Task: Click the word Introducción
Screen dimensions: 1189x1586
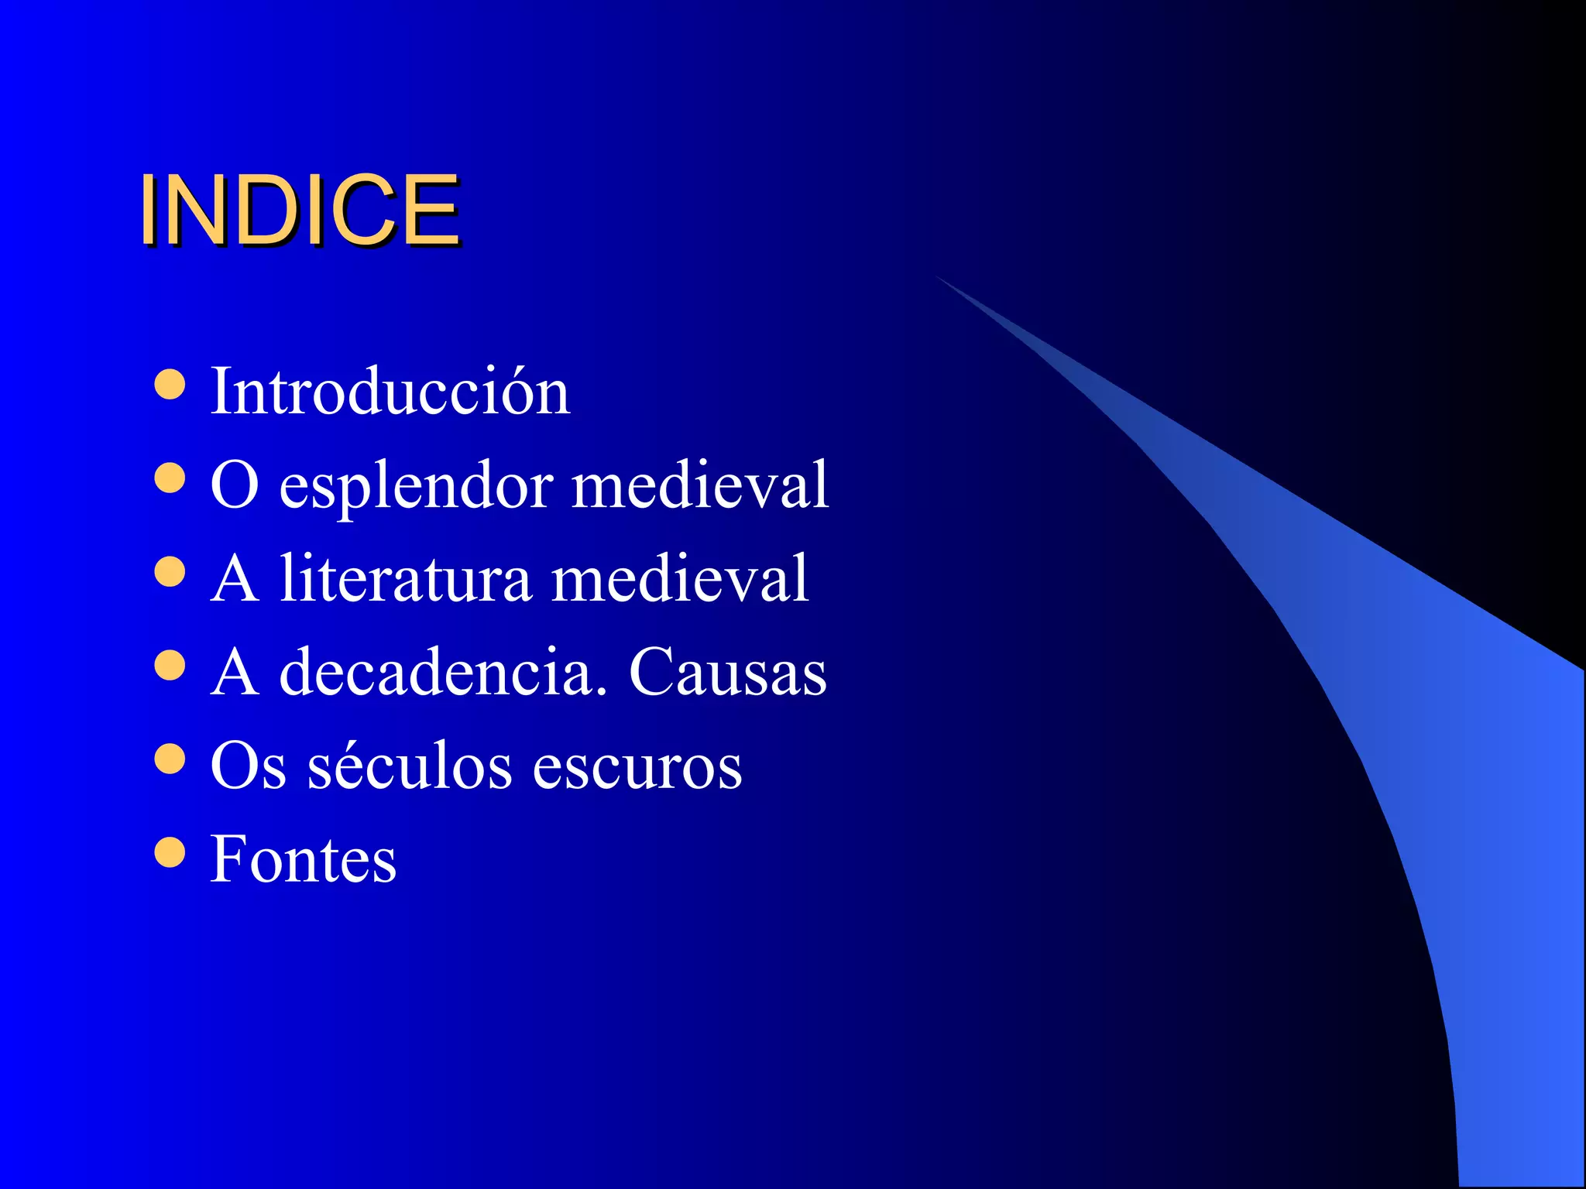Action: coord(390,391)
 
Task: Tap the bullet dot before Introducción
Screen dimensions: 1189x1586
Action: coord(170,384)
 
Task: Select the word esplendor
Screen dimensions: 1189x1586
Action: coord(416,486)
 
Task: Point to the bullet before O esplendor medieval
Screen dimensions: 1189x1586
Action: coord(170,478)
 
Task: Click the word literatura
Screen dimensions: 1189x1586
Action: coord(406,578)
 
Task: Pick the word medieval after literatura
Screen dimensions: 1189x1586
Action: coord(680,578)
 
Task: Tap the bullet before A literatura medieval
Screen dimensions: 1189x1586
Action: coord(170,572)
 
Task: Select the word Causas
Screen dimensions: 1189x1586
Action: coord(727,672)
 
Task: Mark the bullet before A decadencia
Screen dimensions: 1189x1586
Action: coord(170,666)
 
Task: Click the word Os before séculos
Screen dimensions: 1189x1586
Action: coord(248,766)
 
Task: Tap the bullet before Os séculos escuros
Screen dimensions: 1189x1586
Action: coord(170,759)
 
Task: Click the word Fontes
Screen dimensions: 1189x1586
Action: coord(304,859)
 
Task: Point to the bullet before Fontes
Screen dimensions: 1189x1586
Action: coord(170,853)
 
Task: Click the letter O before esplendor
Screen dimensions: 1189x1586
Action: coord(234,485)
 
